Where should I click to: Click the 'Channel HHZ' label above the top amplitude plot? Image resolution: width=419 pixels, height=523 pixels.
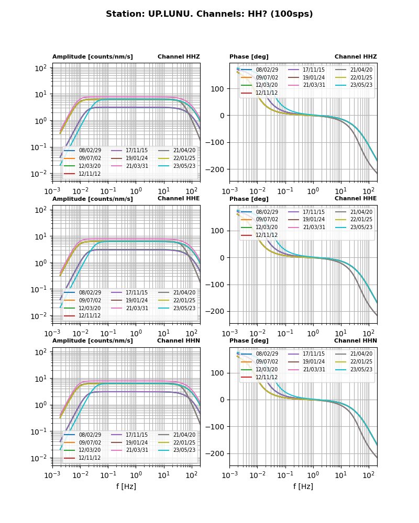179,57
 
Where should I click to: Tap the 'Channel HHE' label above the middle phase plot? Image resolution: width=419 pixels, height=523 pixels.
356,199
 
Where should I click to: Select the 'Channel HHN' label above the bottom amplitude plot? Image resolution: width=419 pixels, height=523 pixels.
179,341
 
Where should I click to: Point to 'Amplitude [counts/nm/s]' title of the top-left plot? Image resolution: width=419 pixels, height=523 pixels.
93,57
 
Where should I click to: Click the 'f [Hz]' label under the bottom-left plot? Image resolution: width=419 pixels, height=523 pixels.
126,486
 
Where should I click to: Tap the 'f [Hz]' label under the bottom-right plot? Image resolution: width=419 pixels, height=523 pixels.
303,486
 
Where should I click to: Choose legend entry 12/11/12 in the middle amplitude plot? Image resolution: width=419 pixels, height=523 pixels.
90,315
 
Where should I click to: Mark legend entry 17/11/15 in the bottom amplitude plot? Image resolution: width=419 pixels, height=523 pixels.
137,435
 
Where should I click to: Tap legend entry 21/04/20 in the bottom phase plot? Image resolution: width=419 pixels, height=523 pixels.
361,354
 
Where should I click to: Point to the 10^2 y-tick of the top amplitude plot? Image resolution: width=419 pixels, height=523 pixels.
41,68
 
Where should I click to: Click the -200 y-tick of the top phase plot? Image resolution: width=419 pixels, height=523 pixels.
216,169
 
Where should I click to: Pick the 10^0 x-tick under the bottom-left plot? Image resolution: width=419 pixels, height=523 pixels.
136,475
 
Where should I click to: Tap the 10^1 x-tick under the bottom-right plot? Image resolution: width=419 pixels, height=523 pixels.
341,475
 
